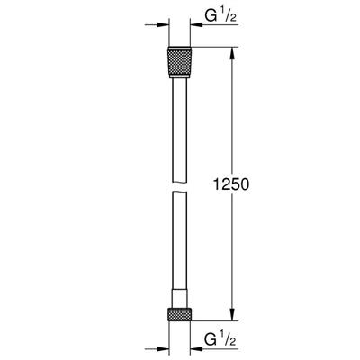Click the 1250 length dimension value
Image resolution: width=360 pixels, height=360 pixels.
coord(231,184)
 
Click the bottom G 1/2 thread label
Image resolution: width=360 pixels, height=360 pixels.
coord(221,339)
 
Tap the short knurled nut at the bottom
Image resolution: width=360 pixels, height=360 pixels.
coord(179,314)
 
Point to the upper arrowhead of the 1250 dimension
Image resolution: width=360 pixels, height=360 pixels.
coord(232,53)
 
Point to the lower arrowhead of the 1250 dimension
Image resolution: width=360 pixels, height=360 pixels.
coord(232,315)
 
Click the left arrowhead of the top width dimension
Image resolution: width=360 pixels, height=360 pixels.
coord(164,25)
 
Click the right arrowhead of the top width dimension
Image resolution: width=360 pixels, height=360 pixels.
coord(196,25)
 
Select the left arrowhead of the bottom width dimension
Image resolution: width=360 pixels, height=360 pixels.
coord(164,349)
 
